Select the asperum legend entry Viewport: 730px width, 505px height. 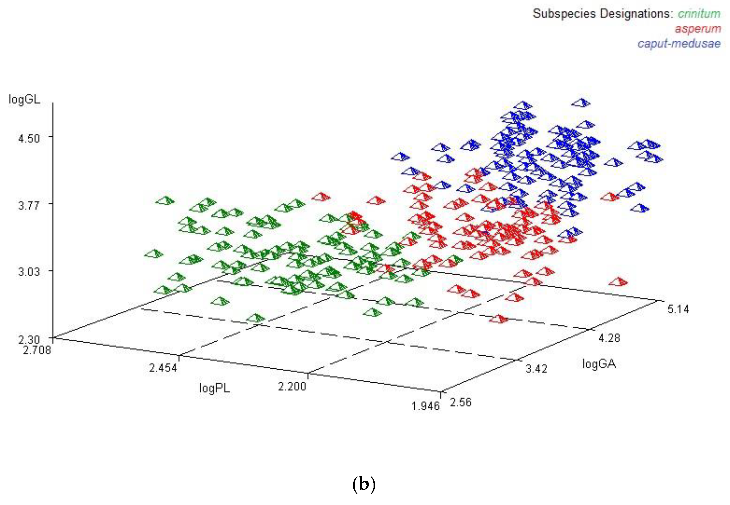point(697,29)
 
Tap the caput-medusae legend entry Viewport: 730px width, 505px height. point(679,43)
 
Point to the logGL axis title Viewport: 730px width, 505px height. point(24,99)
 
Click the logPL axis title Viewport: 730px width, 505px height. point(214,388)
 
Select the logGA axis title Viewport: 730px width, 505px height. point(599,364)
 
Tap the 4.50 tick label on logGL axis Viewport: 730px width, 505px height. point(29,139)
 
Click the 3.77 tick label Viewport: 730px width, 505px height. point(29,206)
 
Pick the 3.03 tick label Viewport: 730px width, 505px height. point(29,271)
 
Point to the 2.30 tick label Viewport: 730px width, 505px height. point(29,340)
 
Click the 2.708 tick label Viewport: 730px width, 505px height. point(37,350)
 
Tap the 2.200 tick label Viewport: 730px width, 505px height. point(292,386)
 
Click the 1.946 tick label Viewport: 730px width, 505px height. point(425,406)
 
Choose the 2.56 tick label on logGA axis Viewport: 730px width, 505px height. point(461,403)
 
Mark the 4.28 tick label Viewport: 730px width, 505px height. point(609,338)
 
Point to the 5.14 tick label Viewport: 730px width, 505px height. point(678,309)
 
